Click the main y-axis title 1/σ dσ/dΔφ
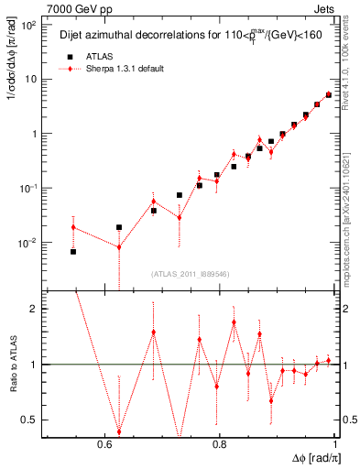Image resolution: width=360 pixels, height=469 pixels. click(12, 64)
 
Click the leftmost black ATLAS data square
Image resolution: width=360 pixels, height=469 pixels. click(73, 251)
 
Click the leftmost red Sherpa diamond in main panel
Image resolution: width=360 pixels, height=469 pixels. click(73, 227)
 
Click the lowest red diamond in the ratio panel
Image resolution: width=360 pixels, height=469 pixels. click(118, 431)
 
